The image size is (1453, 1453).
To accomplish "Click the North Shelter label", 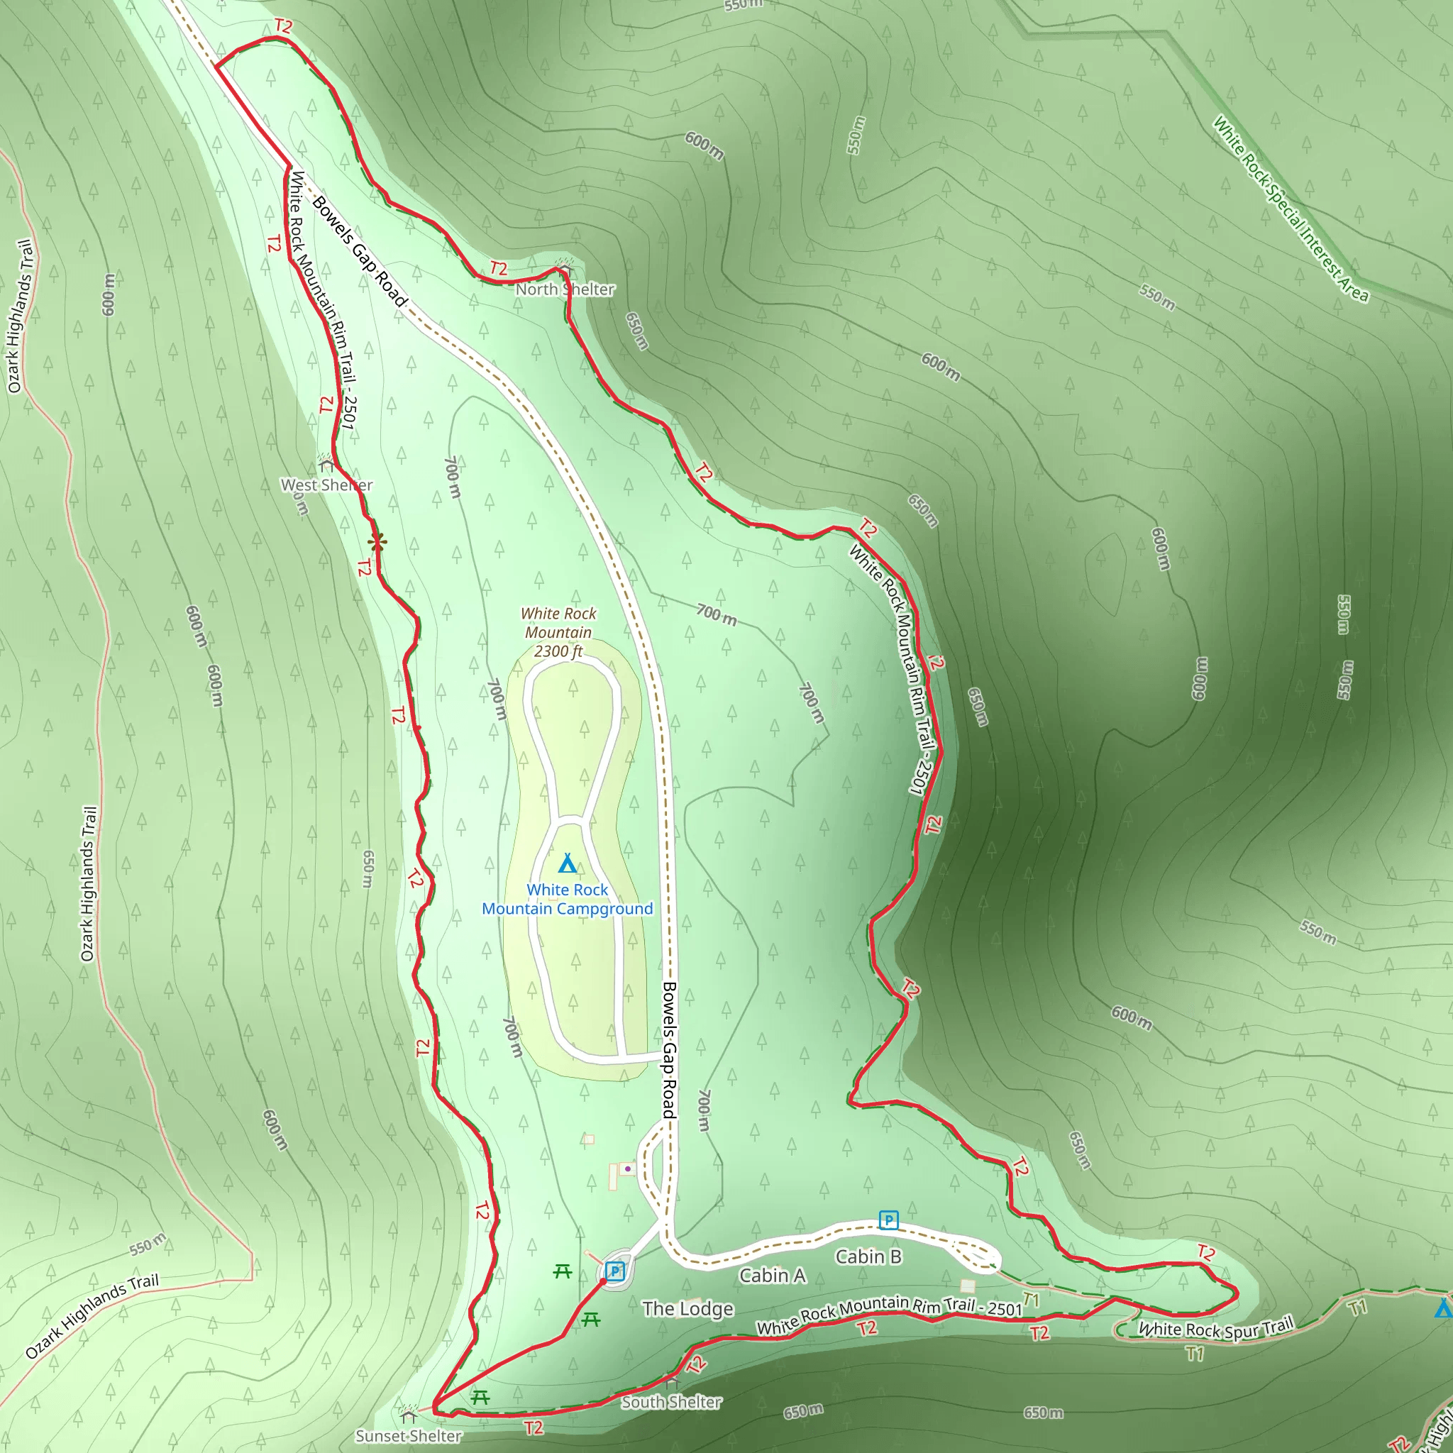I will [565, 289].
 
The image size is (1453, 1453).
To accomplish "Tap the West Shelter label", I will [326, 485].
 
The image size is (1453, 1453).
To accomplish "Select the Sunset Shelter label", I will [409, 1436].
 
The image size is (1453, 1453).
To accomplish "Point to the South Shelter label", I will [671, 1402].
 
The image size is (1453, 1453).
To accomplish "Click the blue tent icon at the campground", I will [568, 863].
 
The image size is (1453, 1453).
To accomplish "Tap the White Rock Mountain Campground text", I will [567, 899].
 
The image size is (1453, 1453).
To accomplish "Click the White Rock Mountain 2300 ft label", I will [558, 632].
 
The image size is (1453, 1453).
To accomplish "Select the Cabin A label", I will [772, 1276].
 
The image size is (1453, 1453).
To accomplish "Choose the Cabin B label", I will [868, 1256].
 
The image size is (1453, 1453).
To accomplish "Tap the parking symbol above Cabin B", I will [888, 1220].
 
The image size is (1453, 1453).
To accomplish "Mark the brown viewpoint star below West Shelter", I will [377, 541].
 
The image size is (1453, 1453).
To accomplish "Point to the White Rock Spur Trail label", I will [1215, 1328].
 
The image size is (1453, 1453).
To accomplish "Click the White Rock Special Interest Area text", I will [1291, 209].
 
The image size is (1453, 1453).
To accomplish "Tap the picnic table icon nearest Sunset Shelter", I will [480, 1398].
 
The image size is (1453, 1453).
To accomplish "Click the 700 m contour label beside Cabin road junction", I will [704, 1111].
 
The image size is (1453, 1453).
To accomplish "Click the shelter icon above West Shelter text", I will [326, 463].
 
